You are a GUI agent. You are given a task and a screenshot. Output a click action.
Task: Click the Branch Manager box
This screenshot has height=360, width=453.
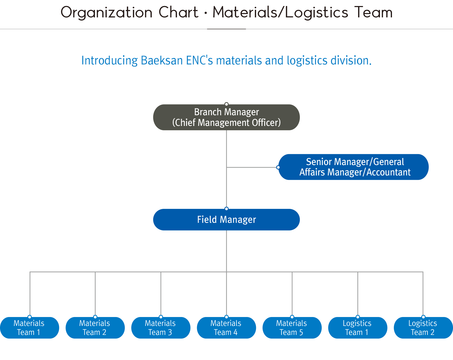tap(226, 117)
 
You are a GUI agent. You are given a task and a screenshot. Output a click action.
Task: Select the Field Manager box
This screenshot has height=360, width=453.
tap(226, 220)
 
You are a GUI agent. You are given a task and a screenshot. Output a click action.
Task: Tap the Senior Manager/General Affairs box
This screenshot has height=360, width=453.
tap(354, 167)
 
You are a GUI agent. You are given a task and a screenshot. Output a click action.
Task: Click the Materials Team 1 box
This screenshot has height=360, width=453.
tap(29, 328)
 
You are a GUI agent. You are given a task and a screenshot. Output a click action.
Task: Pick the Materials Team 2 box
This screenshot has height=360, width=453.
tap(95, 328)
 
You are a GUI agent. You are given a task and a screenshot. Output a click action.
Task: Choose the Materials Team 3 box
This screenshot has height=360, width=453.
tap(161, 328)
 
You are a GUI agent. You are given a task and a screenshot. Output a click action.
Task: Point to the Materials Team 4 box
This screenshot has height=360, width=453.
tap(226, 328)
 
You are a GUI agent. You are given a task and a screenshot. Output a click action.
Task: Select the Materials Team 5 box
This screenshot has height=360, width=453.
tap(292, 328)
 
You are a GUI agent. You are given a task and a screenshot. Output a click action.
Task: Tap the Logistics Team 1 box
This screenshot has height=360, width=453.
tap(358, 328)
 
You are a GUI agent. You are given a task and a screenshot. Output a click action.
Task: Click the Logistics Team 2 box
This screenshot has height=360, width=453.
tap(423, 328)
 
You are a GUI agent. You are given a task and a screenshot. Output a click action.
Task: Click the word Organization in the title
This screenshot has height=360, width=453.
tap(106, 13)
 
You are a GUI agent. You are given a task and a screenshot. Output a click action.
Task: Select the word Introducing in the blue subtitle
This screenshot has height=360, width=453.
tap(109, 61)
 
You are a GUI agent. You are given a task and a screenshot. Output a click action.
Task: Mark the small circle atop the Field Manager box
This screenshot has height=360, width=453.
tap(226, 209)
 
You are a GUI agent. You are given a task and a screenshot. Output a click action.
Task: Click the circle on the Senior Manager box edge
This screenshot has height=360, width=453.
tap(278, 167)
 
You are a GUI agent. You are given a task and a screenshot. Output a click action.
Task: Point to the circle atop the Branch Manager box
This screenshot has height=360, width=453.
tap(226, 104)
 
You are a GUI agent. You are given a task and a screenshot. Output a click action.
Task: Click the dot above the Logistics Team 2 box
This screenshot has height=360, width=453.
tap(423, 317)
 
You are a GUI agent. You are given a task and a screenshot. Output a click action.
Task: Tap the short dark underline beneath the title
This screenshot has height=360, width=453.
tap(226, 29)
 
